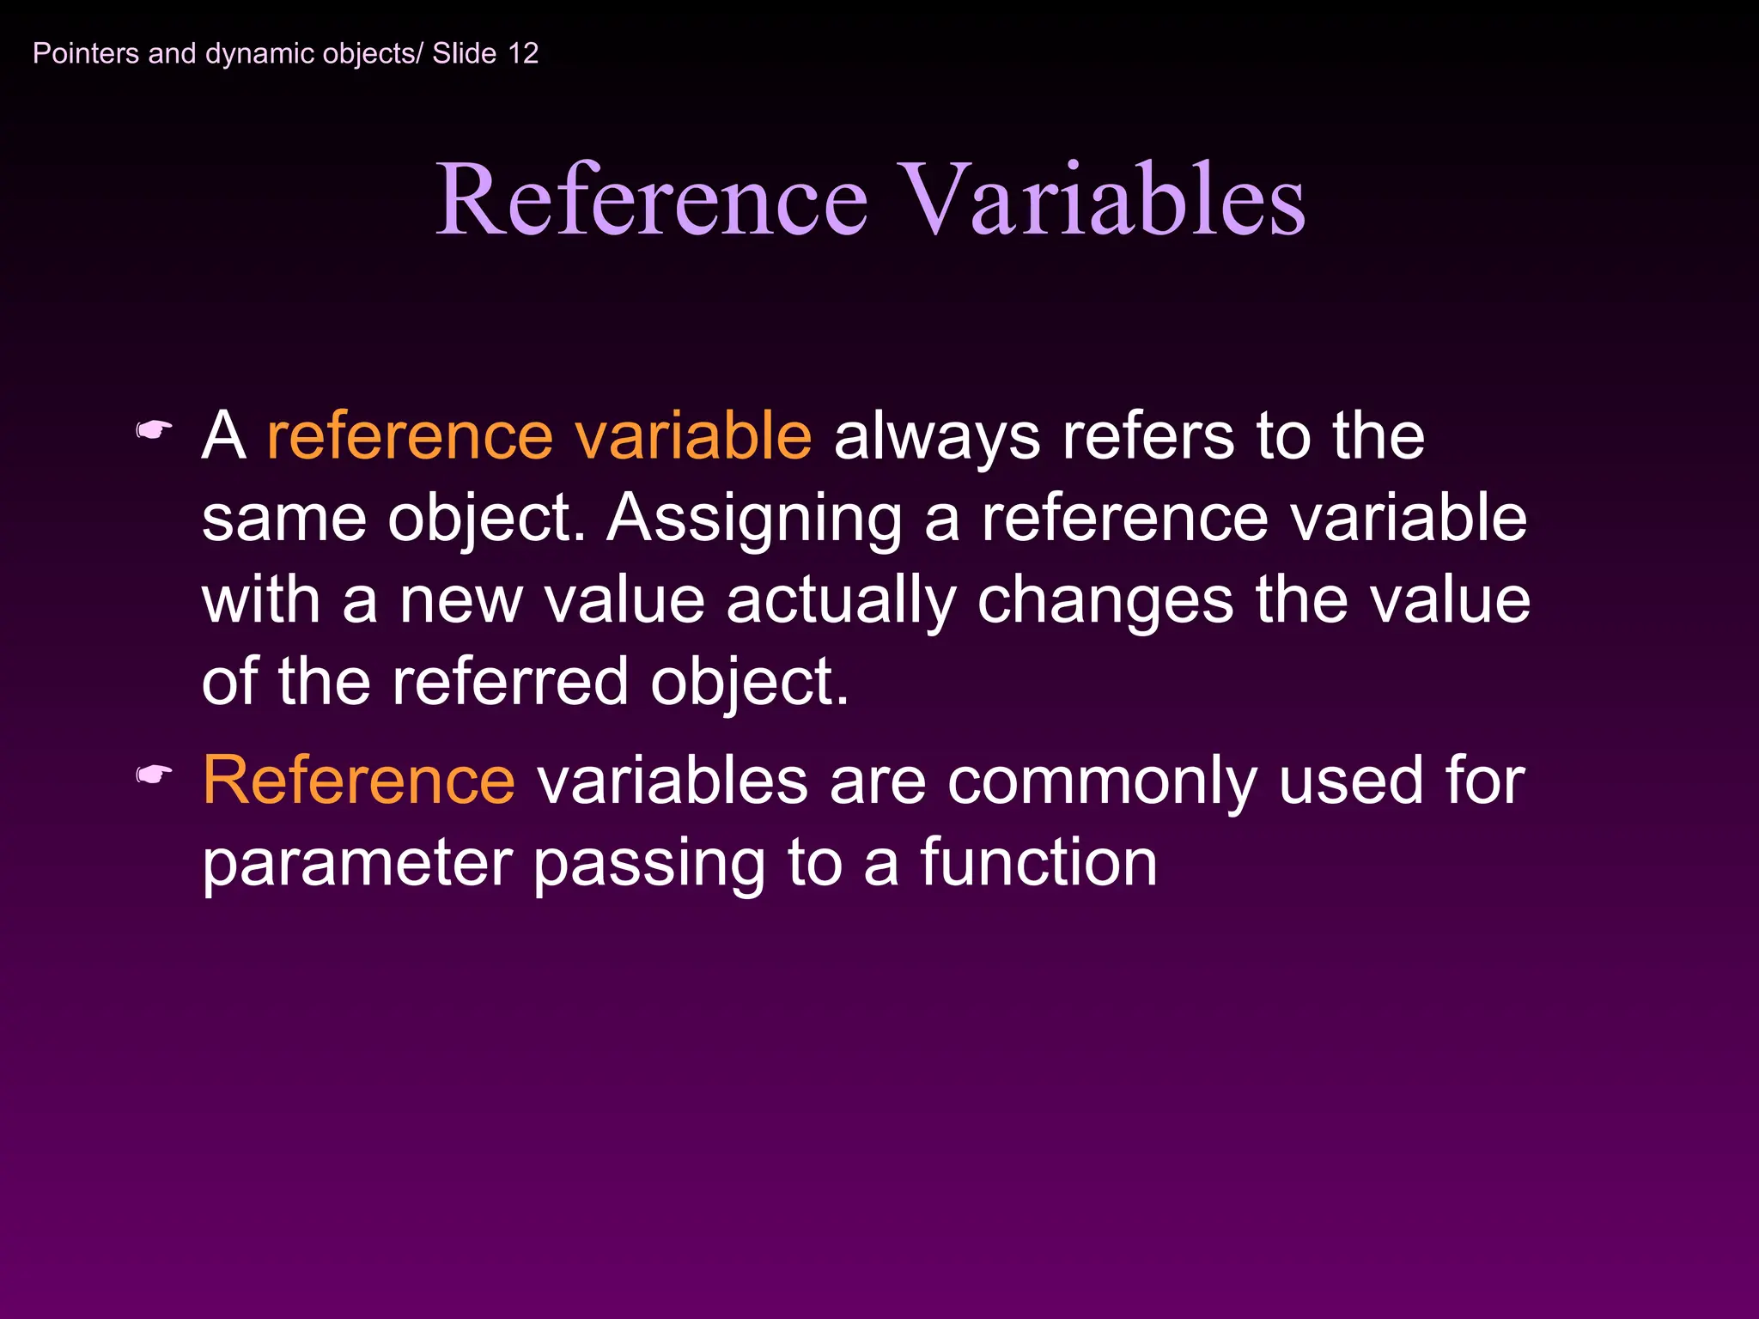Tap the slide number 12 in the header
522,53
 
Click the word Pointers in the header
86,53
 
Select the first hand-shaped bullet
155,429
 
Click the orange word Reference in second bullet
359,780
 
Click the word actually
840,601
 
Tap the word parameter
356,864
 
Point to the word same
283,520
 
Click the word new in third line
460,601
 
